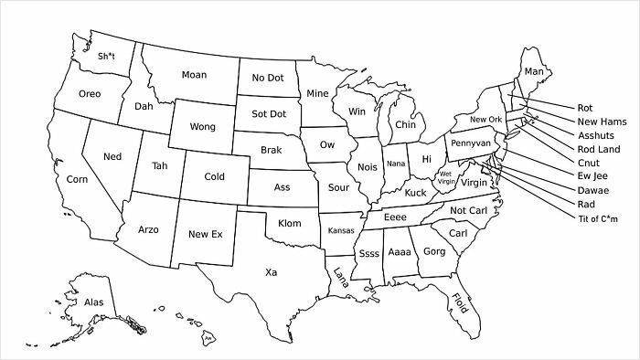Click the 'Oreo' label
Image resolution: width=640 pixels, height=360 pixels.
tap(90, 94)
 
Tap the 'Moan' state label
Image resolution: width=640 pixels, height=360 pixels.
tap(194, 74)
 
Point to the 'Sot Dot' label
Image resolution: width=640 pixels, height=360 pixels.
tap(268, 114)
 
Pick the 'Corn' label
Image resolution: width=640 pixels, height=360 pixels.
tap(78, 180)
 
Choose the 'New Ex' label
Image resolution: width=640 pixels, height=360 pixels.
tap(205, 235)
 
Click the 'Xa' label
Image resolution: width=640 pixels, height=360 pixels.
tap(272, 272)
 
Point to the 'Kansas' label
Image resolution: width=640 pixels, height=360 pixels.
tap(341, 229)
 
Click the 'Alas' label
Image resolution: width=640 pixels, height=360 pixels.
tap(93, 301)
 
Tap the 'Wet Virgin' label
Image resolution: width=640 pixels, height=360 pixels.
tap(446, 177)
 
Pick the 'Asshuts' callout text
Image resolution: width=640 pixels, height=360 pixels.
tap(596, 135)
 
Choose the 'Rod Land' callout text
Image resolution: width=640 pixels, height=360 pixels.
tap(599, 149)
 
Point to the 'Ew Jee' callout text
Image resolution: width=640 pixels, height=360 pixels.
tap(592, 176)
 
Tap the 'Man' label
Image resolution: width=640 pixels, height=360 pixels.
tap(533, 71)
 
